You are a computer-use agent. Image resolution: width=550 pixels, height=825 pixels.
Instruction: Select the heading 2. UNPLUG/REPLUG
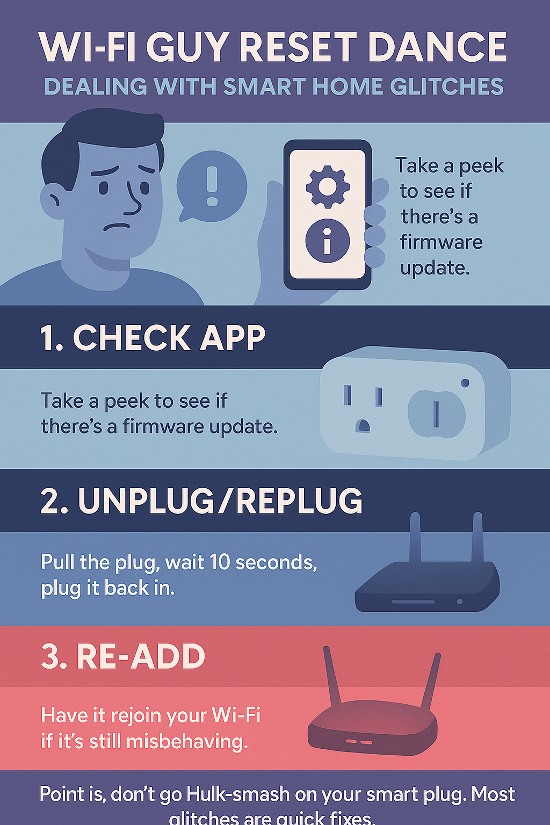pyautogui.click(x=201, y=501)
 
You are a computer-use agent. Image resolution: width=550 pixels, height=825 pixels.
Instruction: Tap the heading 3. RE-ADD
pyautogui.click(x=122, y=656)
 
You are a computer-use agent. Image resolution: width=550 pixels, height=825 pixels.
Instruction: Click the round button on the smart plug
pyautogui.click(x=437, y=414)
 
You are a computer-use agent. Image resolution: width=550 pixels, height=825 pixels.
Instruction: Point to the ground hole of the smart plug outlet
pyautogui.click(x=362, y=425)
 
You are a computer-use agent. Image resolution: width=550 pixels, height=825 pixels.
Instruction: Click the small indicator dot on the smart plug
pyautogui.click(x=465, y=382)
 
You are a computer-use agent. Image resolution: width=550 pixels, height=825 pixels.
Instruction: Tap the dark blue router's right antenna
pyautogui.click(x=477, y=537)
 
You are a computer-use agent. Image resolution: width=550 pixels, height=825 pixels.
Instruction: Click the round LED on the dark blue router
pyautogui.click(x=459, y=602)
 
